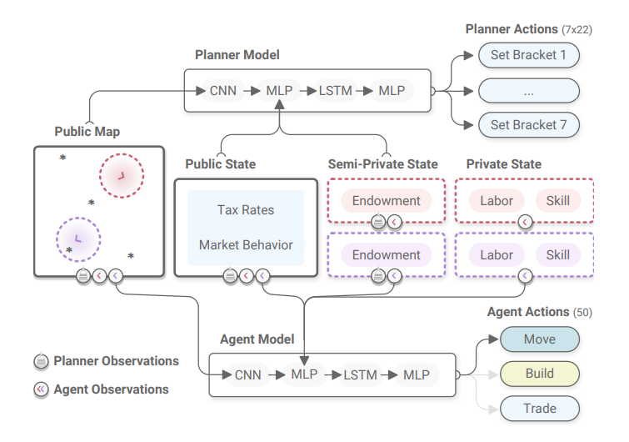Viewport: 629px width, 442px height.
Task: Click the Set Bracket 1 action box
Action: tap(528, 57)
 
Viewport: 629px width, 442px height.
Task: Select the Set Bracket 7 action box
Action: tap(528, 125)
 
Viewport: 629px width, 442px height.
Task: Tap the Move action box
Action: tap(539, 339)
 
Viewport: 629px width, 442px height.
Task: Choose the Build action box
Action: tap(539, 374)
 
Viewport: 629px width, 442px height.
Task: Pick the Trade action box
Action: tap(539, 409)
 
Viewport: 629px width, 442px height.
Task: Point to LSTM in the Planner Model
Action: tap(335, 90)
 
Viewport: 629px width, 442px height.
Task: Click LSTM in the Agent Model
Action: tap(362, 374)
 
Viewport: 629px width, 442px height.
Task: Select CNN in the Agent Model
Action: tap(247, 374)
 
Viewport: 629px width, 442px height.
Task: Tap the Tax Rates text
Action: tap(246, 210)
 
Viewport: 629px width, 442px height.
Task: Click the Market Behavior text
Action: tap(246, 245)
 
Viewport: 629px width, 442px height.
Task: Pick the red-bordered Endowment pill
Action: tap(386, 201)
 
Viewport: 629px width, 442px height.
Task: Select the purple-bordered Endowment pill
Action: tap(386, 254)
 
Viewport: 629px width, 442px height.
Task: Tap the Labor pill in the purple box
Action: tap(497, 254)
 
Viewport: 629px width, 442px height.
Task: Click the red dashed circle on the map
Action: tap(122, 175)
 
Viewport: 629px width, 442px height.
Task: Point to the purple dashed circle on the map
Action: tap(77, 239)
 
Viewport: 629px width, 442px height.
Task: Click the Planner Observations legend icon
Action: tap(41, 362)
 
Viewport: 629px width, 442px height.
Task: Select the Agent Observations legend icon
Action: tap(41, 389)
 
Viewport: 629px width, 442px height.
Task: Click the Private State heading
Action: tap(503, 164)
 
